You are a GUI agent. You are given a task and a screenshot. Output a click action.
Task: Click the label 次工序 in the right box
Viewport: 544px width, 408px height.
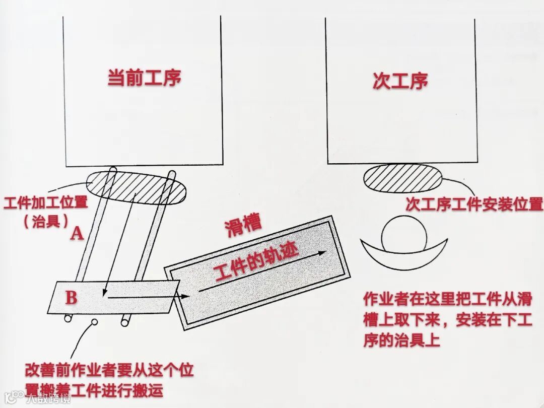(x=400, y=81)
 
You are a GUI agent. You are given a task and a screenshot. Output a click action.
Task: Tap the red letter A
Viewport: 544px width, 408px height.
(x=77, y=233)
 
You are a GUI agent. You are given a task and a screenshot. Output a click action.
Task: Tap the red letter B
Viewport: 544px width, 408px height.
(x=72, y=297)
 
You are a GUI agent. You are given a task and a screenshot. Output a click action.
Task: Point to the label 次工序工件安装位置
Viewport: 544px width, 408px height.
(x=474, y=204)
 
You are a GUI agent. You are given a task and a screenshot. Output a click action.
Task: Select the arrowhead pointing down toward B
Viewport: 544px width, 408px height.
(x=103, y=292)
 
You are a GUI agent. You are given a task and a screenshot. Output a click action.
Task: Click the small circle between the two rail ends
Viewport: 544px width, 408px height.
(x=94, y=321)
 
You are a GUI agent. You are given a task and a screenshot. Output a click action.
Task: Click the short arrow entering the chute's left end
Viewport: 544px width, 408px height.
(x=185, y=296)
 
